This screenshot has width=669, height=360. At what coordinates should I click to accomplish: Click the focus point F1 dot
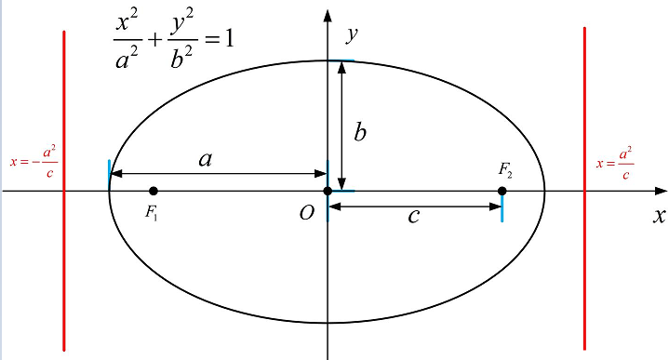click(154, 191)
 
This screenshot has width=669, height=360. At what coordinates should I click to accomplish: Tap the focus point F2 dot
click(502, 191)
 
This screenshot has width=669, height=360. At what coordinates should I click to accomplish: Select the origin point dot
click(328, 191)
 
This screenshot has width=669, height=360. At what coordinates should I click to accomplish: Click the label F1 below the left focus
click(152, 212)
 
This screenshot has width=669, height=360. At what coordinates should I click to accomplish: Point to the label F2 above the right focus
click(505, 170)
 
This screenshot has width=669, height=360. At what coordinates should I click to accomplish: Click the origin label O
click(306, 212)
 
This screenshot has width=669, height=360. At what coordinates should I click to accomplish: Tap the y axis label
click(352, 34)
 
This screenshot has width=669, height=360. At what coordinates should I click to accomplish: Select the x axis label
click(659, 216)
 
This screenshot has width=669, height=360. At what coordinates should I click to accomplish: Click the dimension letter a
click(206, 159)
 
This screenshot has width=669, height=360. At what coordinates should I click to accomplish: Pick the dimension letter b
click(360, 132)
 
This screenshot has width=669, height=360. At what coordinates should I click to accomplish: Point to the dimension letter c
click(413, 216)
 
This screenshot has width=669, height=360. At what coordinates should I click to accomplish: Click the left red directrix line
click(64, 191)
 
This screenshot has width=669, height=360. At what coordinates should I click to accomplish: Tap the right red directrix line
click(584, 189)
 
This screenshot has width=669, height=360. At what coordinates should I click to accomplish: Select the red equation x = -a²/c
click(33, 162)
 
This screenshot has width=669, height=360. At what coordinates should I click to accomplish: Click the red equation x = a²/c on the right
click(615, 164)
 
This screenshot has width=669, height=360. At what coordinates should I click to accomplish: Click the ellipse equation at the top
click(174, 39)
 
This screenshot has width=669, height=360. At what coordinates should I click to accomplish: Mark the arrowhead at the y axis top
click(328, 16)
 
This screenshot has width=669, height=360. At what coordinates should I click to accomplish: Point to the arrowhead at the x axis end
click(661, 191)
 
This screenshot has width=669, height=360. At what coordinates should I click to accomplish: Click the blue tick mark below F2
click(502, 209)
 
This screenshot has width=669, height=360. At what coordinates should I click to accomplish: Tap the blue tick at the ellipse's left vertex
click(109, 174)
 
